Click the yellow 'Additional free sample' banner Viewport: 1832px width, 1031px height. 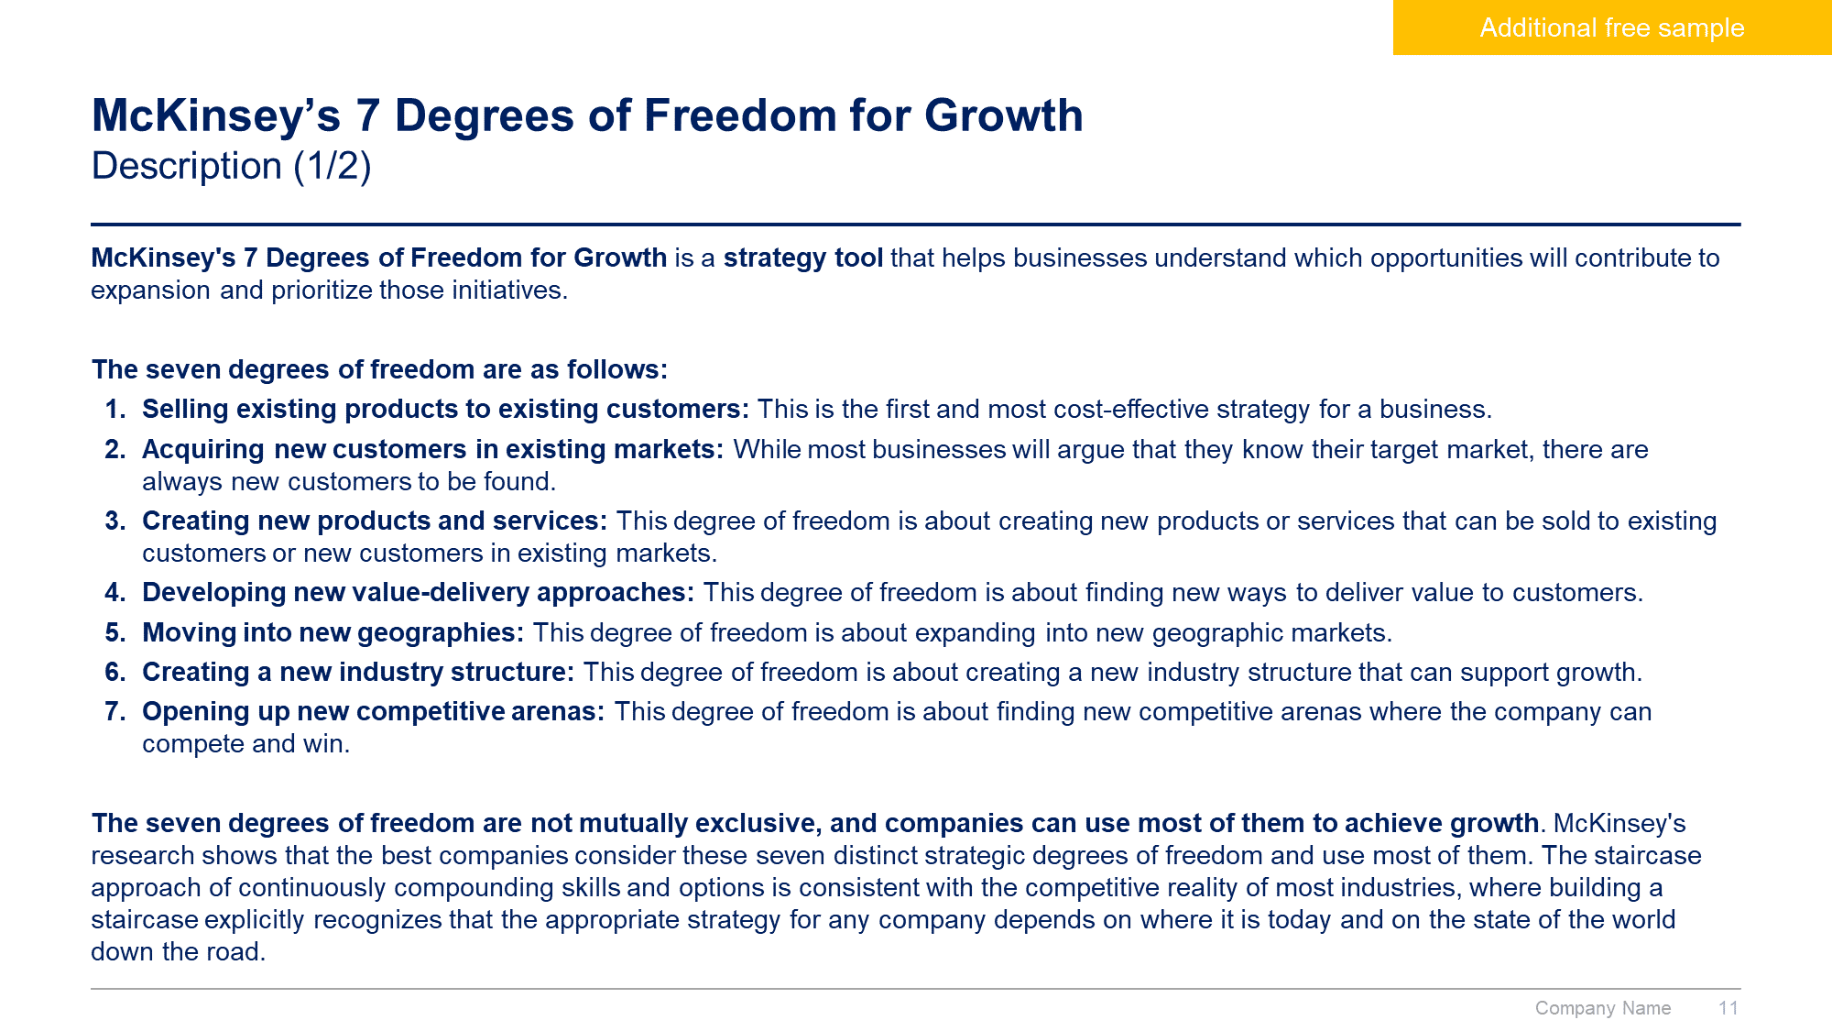[1612, 27]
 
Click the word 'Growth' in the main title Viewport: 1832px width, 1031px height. [1004, 115]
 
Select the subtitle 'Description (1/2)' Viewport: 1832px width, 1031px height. [232, 167]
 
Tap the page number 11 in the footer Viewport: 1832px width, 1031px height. [1728, 1008]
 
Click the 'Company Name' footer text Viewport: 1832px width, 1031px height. [1603, 1008]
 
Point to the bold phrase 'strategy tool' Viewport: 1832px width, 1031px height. [803, 258]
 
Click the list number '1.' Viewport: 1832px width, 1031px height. [115, 409]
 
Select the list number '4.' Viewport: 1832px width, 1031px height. [115, 592]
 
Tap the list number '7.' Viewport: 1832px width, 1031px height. [115, 711]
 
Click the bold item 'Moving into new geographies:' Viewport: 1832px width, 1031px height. [333, 632]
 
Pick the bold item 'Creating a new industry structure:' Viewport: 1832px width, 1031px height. [358, 672]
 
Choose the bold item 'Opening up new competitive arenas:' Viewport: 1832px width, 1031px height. [374, 711]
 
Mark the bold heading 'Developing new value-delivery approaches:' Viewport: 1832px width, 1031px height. [419, 592]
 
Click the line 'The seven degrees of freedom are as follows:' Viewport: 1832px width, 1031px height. [380, 369]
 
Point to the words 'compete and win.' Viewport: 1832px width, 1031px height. [246, 743]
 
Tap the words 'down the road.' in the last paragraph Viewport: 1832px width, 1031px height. [179, 951]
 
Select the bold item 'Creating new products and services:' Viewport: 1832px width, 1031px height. [375, 521]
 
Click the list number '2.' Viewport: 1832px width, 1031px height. [115, 449]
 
